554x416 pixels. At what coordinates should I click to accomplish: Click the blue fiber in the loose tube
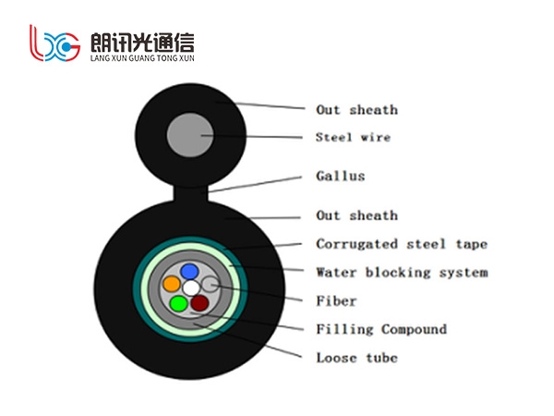pyautogui.click(x=189, y=272)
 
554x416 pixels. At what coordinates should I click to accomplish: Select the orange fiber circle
pyautogui.click(x=172, y=284)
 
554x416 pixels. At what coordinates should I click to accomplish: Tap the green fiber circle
pyautogui.click(x=179, y=303)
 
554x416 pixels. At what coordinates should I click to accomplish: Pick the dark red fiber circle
pyautogui.click(x=199, y=303)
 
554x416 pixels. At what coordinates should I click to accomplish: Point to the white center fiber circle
pyautogui.click(x=191, y=288)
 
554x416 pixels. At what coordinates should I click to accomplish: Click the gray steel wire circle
pyautogui.click(x=190, y=135)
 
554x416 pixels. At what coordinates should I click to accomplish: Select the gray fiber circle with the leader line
pyautogui.click(x=211, y=285)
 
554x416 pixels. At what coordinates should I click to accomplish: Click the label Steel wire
pyautogui.click(x=353, y=137)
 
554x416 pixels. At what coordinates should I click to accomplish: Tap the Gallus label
pyautogui.click(x=340, y=176)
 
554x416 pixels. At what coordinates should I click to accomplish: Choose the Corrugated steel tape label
pyautogui.click(x=402, y=244)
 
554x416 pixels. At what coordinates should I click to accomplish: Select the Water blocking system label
pyautogui.click(x=402, y=273)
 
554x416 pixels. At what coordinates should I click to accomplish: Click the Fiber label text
pyautogui.click(x=336, y=301)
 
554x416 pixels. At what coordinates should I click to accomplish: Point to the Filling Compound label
pyautogui.click(x=381, y=329)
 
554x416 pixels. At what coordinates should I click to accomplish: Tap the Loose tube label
pyautogui.click(x=356, y=358)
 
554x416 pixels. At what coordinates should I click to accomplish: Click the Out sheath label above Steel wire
pyautogui.click(x=356, y=110)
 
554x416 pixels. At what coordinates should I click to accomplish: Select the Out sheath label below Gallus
pyautogui.click(x=356, y=215)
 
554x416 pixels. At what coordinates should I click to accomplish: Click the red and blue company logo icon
pyautogui.click(x=54, y=43)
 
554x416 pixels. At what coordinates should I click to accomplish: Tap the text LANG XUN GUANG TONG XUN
pyautogui.click(x=142, y=58)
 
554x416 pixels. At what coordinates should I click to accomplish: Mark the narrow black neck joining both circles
pyautogui.click(x=190, y=193)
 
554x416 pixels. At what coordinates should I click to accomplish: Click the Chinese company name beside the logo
pyautogui.click(x=142, y=43)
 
